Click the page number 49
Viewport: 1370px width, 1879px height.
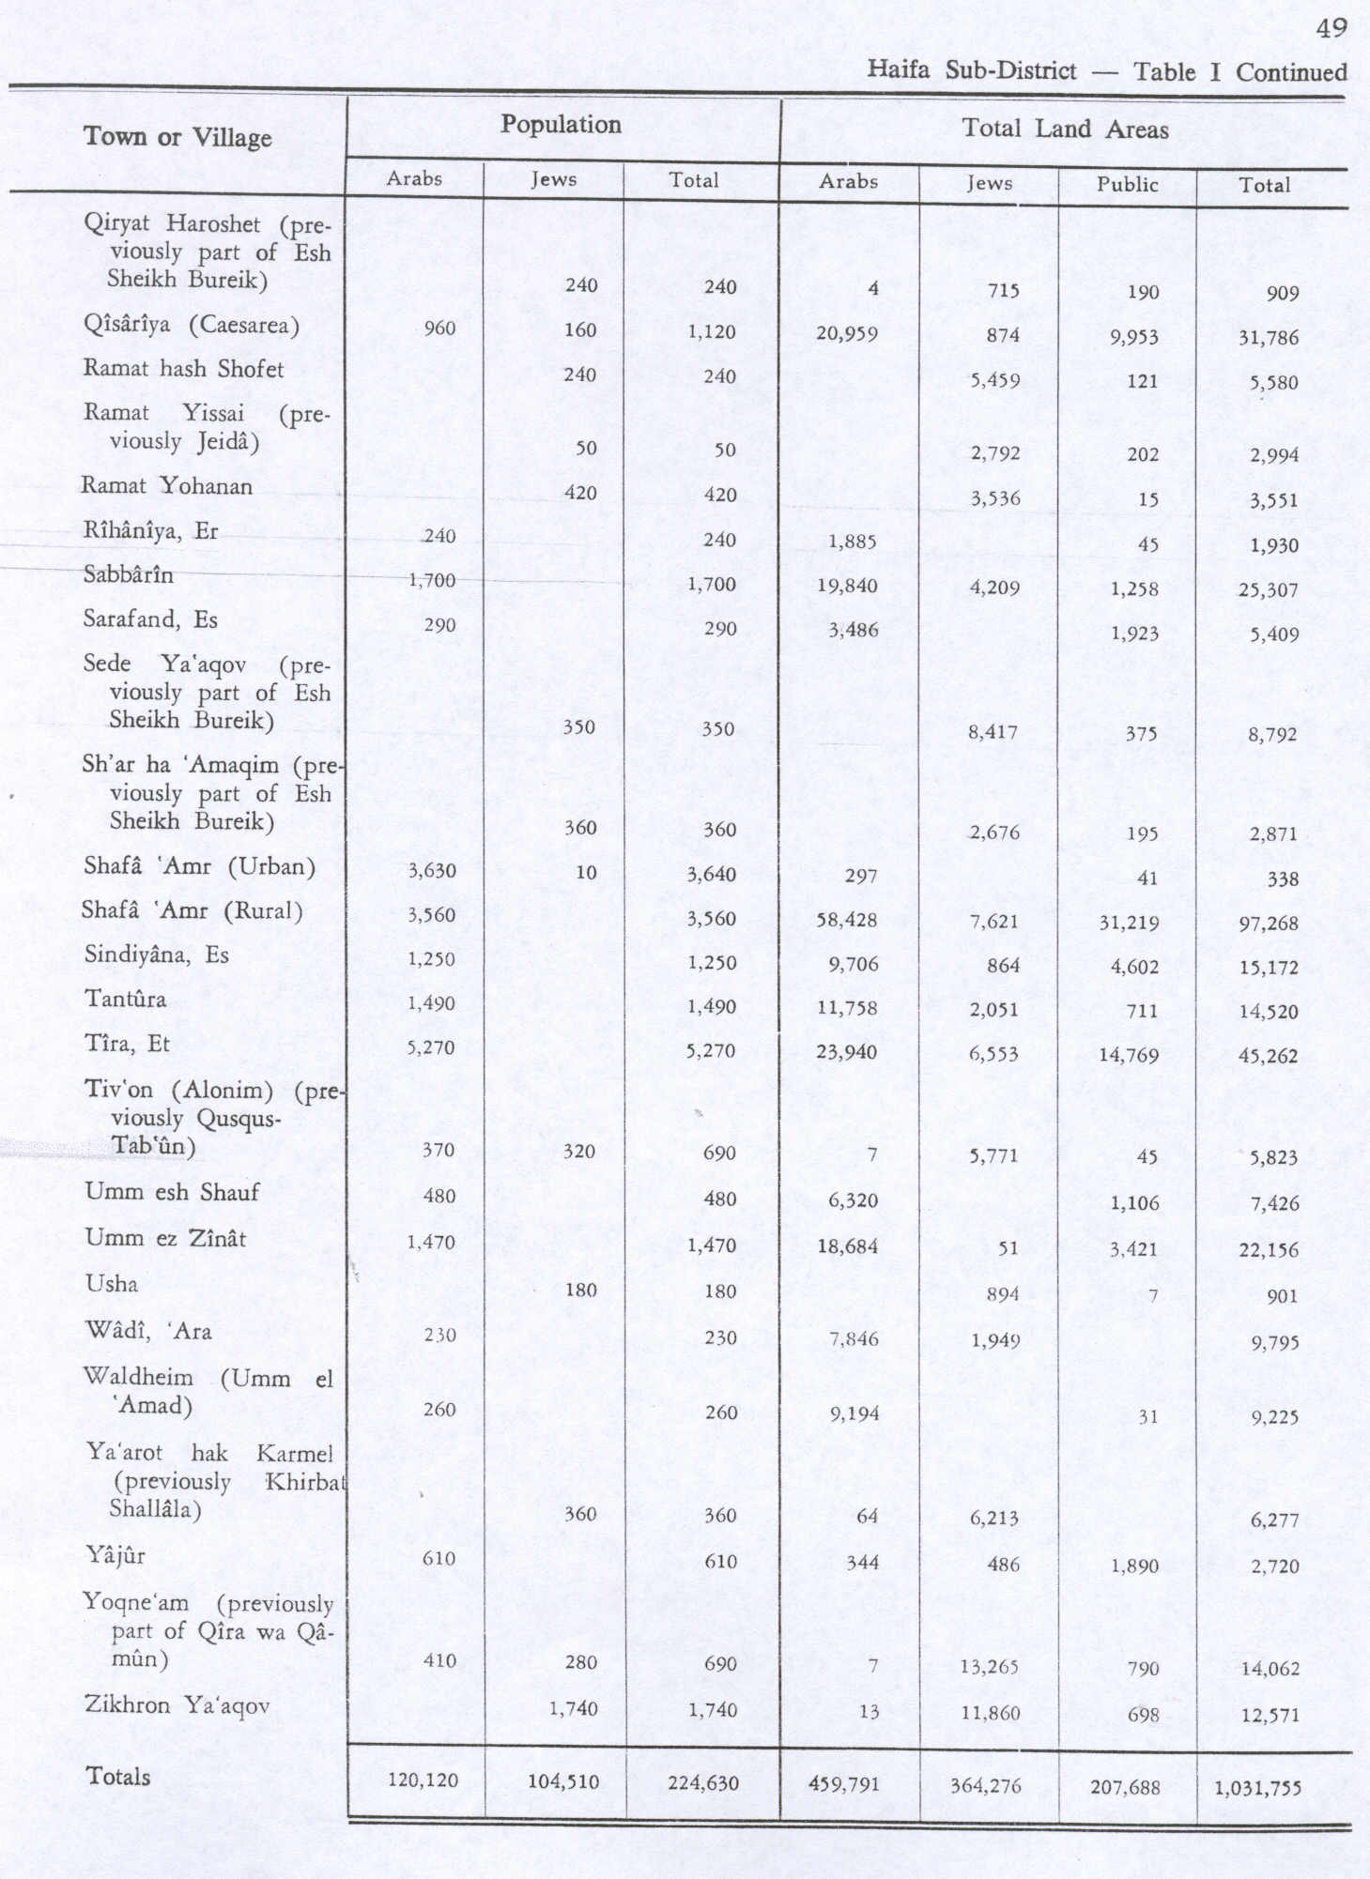[x=1332, y=28]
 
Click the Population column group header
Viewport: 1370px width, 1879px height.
[x=561, y=125]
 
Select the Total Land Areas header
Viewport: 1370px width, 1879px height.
[x=1065, y=129]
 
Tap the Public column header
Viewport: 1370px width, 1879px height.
[x=1127, y=184]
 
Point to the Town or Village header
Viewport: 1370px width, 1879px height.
[x=177, y=137]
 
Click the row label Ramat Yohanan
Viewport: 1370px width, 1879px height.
[x=167, y=486]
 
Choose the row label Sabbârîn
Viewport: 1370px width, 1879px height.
[x=128, y=574]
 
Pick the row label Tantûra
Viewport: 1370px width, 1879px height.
[x=125, y=999]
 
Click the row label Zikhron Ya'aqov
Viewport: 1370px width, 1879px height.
[x=177, y=1704]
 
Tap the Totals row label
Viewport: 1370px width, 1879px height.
[x=118, y=1776]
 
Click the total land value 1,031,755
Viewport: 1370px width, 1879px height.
[x=1257, y=1787]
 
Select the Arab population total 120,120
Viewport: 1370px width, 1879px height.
[x=423, y=1780]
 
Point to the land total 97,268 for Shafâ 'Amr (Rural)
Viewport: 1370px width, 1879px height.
[x=1269, y=924]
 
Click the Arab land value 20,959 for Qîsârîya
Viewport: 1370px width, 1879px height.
[x=847, y=332]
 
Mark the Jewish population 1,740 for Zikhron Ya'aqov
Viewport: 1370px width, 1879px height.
[x=573, y=1708]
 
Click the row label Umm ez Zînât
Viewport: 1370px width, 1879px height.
[x=165, y=1238]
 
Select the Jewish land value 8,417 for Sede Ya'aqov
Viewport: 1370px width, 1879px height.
[x=992, y=731]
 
